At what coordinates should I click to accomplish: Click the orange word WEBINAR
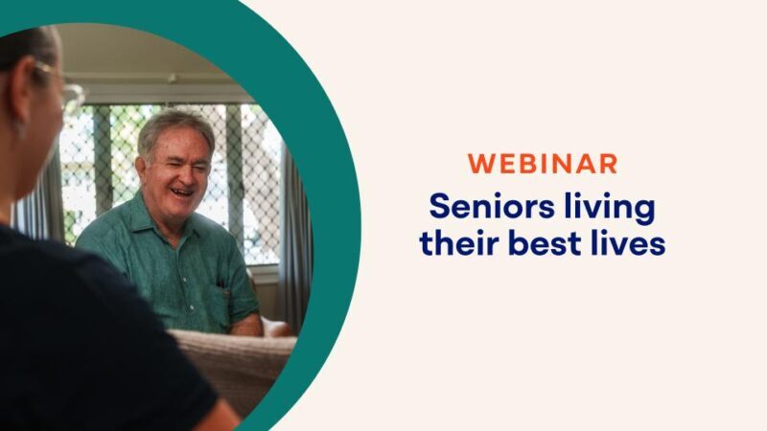pos(543,163)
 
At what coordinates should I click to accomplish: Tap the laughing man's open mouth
pos(179,192)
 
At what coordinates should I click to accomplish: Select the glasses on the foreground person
pos(67,91)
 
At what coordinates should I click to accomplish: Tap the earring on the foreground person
pos(18,128)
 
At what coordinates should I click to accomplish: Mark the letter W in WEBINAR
pos(479,163)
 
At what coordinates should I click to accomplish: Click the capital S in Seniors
pos(439,206)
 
